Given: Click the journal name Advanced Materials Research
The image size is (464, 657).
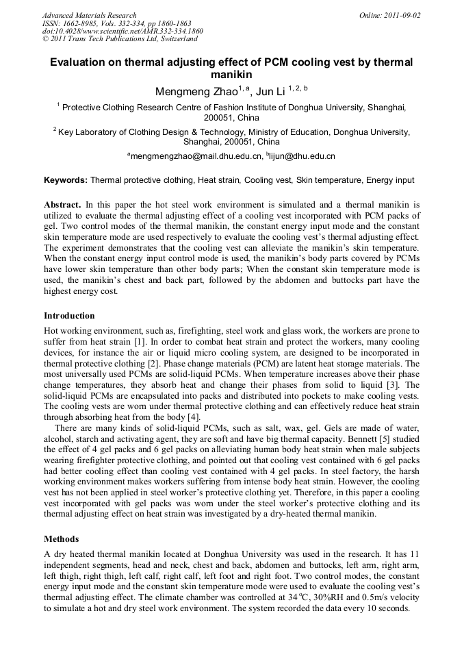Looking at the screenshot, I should click(x=89, y=15).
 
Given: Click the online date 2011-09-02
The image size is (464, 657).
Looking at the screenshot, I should click(x=400, y=15).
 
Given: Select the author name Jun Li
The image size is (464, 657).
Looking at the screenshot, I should click(x=272, y=92).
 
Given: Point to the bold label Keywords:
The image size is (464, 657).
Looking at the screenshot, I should click(x=66, y=180).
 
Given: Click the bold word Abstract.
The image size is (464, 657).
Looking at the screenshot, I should click(x=62, y=205).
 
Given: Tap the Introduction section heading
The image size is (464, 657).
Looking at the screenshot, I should click(x=69, y=316).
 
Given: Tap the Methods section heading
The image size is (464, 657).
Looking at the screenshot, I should click(x=61, y=538).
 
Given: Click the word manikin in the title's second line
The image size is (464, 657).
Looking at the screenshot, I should click(x=231, y=74).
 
